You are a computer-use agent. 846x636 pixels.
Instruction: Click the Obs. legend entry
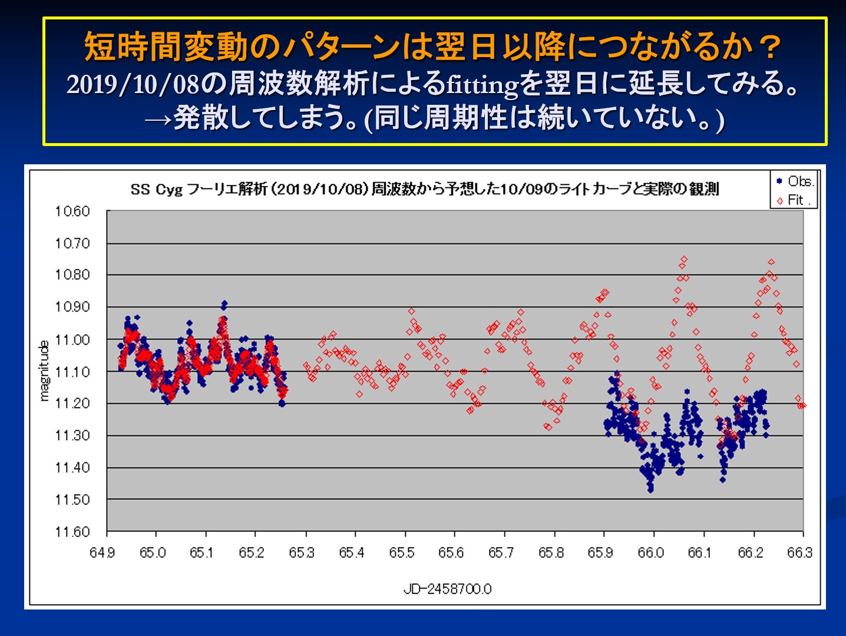coord(794,181)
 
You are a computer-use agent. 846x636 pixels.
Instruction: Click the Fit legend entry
coord(794,200)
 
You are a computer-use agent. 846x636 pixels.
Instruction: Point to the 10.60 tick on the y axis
coord(72,211)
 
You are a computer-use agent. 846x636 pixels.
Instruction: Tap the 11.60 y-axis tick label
coord(72,532)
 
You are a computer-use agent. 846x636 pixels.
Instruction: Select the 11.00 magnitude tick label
coord(72,340)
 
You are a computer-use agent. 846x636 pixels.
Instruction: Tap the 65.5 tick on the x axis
coord(401,553)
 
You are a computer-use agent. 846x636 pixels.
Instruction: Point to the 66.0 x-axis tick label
coord(650,553)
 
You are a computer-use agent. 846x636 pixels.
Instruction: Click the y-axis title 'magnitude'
coord(44,371)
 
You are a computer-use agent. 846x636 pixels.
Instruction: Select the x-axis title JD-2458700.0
coord(448,589)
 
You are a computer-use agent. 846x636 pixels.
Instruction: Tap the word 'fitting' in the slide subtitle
coord(482,85)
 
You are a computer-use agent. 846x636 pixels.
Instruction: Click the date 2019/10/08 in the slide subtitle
coord(133,85)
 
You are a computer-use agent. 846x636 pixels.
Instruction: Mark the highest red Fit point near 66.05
coord(684,259)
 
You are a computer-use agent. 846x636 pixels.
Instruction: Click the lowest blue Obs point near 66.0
coord(650,490)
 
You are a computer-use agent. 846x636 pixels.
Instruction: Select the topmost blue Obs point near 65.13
coord(224,304)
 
